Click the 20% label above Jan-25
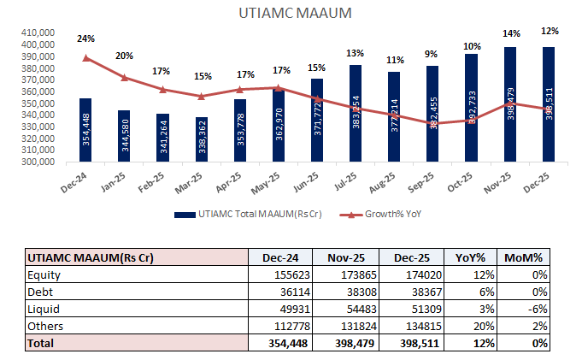124,56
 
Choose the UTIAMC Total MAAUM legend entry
252,215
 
